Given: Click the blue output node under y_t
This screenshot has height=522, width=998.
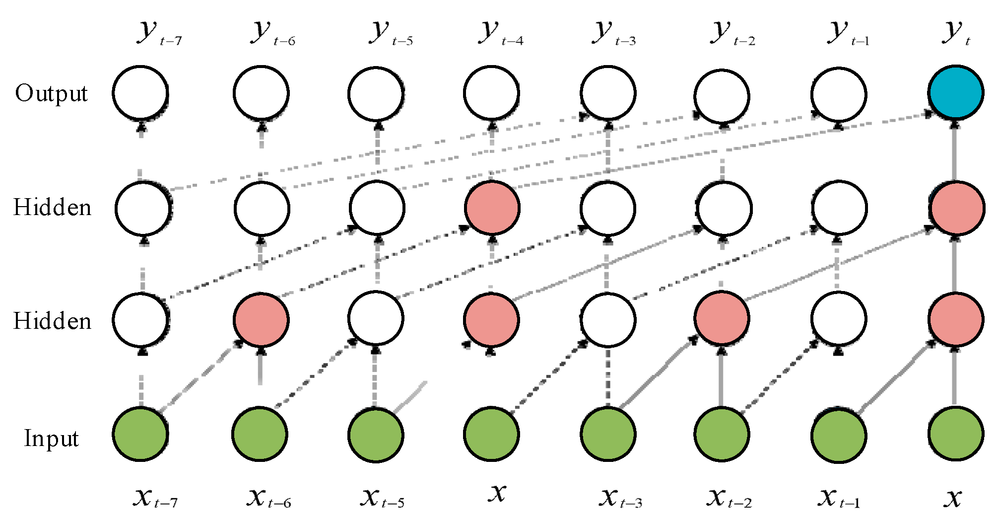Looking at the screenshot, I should point(956,93).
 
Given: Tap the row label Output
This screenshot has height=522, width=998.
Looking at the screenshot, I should point(51,93).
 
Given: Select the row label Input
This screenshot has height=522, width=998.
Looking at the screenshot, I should point(51,439).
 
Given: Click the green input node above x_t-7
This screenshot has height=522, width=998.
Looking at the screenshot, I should point(140,434).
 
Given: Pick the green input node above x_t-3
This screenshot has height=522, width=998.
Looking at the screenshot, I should point(607,434).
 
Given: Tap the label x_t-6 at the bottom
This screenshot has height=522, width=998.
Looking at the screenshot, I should point(268,497).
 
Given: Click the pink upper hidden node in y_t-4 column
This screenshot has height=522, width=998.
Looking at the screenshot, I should point(492,208).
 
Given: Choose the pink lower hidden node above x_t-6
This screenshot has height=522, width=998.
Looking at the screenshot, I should point(261,319).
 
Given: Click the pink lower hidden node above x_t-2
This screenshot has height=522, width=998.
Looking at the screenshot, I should point(722,318).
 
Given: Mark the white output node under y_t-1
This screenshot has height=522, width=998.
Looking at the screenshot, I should point(839,94).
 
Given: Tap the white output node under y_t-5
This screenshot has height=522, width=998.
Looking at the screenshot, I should point(376,93).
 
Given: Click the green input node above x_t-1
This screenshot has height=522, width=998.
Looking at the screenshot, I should point(839,435).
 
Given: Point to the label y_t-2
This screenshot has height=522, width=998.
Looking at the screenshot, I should point(732,33).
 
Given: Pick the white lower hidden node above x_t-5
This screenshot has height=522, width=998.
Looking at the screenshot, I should point(376,318).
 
